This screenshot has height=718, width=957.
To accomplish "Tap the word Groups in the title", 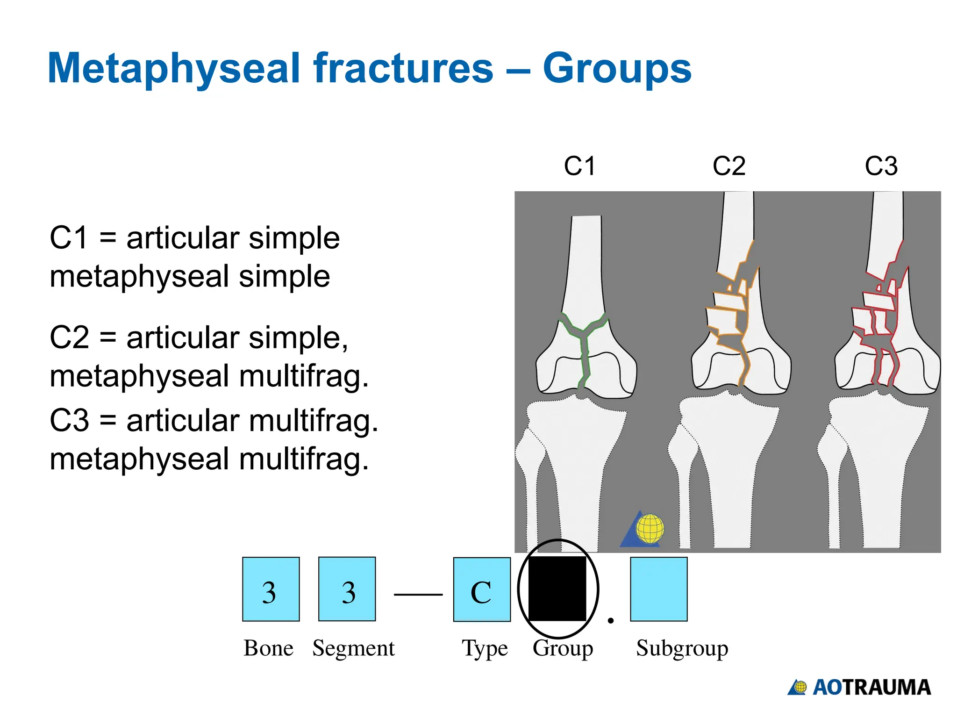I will [x=617, y=69].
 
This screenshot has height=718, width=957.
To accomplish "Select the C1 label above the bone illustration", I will [x=579, y=166].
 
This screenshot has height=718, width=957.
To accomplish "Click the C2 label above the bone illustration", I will [x=728, y=166].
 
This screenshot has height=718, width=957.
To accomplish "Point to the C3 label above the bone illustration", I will [x=881, y=166].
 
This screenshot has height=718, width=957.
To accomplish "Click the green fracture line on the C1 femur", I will [x=583, y=346].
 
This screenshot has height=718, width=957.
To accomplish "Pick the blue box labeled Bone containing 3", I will [x=271, y=589].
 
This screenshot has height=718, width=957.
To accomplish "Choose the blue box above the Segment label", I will [x=347, y=589].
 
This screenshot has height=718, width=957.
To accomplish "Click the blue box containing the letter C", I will [x=482, y=589].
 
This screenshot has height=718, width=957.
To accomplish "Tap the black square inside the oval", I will [x=557, y=589].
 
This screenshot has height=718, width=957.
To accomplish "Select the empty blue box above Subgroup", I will [x=658, y=589].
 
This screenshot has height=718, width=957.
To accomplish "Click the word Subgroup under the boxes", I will [x=682, y=648].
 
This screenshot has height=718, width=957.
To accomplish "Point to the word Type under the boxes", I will [x=485, y=648].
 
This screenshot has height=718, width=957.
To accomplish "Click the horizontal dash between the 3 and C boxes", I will [x=418, y=595].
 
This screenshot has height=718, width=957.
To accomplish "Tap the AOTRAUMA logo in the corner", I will [x=859, y=688].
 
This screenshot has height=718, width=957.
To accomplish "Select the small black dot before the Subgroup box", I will [x=610, y=621].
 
